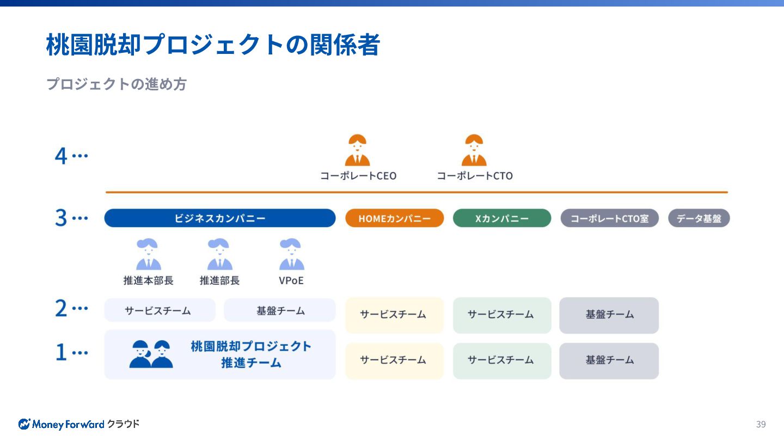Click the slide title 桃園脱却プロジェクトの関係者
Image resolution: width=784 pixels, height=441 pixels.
coord(213,45)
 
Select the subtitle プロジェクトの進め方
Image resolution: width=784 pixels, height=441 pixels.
coord(116,84)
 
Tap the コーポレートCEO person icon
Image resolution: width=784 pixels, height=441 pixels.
coord(358,150)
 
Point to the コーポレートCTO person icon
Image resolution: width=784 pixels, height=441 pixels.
coord(474,150)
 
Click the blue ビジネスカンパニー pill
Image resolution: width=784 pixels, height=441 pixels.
coord(220,218)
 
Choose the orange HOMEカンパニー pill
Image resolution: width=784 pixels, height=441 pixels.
coord(394,218)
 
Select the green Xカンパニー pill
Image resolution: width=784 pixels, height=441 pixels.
coord(501,218)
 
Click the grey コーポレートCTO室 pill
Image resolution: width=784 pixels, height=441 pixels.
coord(609,218)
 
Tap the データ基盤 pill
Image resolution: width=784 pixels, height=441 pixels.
coord(699,218)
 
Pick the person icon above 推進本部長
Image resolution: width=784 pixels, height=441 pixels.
coord(148,255)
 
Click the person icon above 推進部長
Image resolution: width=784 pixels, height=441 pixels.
coord(219,255)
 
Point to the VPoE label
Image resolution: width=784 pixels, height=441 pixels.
coord(291,281)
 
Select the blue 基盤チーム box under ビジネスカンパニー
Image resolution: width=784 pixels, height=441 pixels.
coord(280,310)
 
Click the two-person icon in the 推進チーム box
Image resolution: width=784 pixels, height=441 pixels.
coord(151,354)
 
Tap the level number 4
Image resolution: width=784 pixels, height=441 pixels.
coord(61,156)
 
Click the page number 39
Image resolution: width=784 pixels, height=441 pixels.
coord(761,424)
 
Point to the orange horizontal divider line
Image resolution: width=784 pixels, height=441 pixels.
coord(416,192)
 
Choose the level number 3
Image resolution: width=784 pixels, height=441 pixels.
coord(61,218)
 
